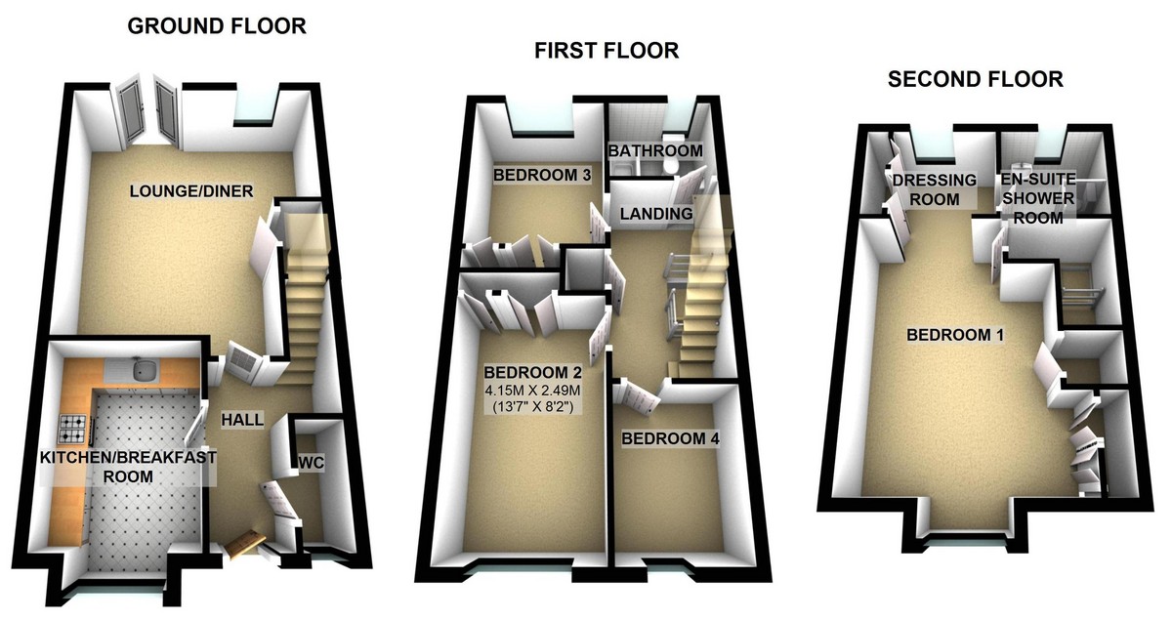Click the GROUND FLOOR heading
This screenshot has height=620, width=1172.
[217, 26]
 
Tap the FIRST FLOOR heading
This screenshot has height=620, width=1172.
[606, 51]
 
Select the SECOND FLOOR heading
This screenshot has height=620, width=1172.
[975, 79]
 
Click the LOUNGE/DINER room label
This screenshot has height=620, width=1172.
[191, 191]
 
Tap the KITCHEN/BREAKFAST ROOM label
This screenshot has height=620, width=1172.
[128, 467]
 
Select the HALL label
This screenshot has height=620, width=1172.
[240, 419]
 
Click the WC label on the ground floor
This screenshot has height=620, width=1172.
[311, 460]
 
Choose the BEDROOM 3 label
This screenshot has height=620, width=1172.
[541, 176]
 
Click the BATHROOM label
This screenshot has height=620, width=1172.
[655, 151]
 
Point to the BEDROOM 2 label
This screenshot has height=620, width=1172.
[532, 372]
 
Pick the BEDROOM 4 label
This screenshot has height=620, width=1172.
[670, 439]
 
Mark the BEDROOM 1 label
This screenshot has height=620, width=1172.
[955, 335]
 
